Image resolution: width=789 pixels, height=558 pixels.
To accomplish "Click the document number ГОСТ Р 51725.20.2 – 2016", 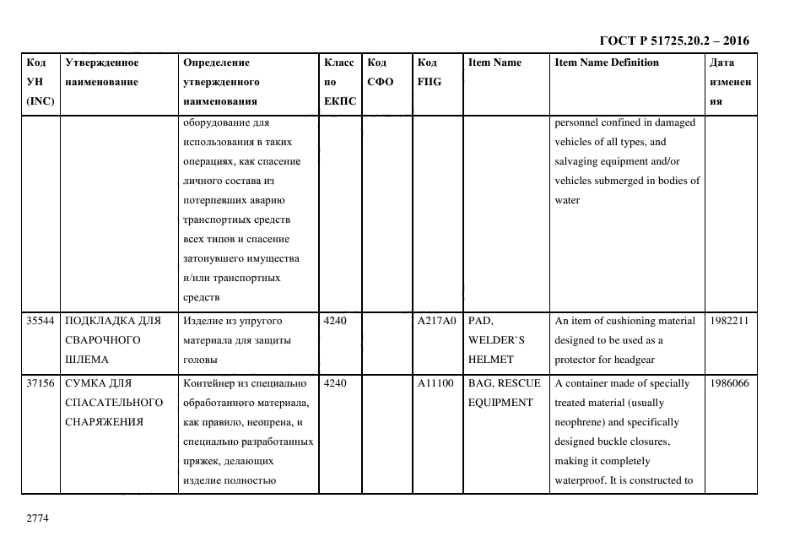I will (x=673, y=41).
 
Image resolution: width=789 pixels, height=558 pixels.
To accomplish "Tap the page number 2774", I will (x=38, y=517).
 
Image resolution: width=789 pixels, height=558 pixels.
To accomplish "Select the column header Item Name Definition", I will (x=607, y=62).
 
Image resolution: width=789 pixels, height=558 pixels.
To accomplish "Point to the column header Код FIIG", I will (x=429, y=73).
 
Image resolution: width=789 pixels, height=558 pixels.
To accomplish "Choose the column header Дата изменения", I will (x=730, y=82).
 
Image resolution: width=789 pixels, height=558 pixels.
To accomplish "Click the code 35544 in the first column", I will (x=41, y=321).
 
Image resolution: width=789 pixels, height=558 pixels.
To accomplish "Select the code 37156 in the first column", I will (x=41, y=383).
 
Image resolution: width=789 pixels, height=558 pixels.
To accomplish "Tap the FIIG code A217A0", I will (x=436, y=321).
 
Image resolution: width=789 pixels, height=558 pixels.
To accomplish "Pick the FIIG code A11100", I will (x=435, y=383).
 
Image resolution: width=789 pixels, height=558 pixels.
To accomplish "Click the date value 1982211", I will (x=729, y=321).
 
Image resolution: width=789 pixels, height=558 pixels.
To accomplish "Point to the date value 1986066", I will (x=729, y=383).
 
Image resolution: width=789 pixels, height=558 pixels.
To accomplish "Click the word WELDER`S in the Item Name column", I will (x=496, y=340).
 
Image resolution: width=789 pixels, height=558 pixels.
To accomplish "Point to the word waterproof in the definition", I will (x=579, y=480).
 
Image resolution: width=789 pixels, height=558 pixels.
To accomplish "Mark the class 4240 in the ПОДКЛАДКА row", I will (x=335, y=321).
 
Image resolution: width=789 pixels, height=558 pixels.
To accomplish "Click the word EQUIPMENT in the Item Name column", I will (x=501, y=403).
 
